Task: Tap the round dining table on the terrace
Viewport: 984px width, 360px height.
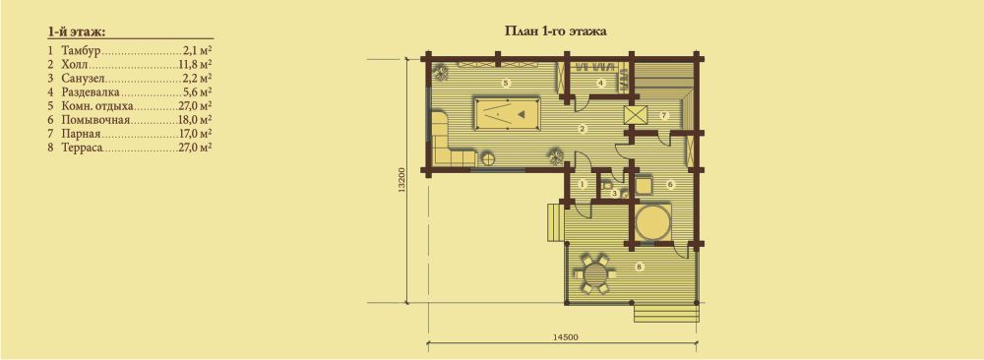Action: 593,273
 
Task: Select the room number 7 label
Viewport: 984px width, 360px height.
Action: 661,115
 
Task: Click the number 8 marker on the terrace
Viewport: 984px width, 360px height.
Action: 639,268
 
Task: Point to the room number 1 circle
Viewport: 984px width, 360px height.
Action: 582,184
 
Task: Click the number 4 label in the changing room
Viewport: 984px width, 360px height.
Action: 600,83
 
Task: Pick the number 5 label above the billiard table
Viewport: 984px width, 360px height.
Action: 505,83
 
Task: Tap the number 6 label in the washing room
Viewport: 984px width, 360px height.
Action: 670,184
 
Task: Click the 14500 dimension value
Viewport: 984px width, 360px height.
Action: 566,336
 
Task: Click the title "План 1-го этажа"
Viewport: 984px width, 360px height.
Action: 555,30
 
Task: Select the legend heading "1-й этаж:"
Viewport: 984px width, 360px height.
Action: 76,30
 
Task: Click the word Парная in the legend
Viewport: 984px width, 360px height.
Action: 81,134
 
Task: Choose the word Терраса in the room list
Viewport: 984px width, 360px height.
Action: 83,148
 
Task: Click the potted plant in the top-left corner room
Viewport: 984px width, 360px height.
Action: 441,72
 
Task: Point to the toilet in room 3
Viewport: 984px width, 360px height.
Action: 607,186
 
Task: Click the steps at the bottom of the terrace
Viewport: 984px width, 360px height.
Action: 666,313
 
